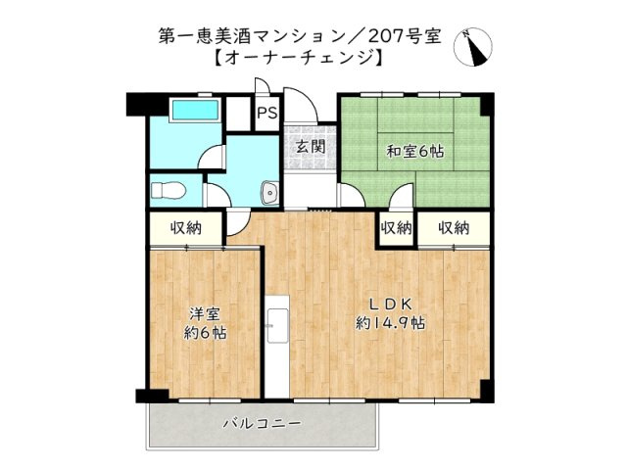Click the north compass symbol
click(x=479, y=46)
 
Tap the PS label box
click(x=265, y=113)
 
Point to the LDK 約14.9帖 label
click(x=389, y=312)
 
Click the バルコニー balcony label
click(x=261, y=423)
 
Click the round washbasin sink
click(x=270, y=193)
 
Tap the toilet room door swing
click(x=217, y=194)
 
